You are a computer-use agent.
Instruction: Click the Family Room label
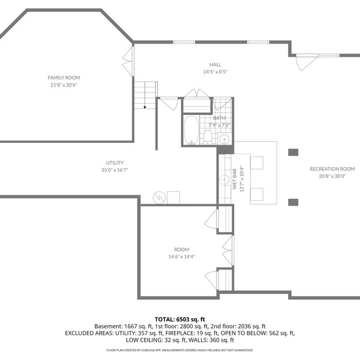tap(64, 77)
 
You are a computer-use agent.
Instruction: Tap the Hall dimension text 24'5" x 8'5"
tap(215, 71)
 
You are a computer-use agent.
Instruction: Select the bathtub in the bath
tap(191, 130)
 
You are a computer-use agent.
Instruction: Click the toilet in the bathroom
tap(207, 137)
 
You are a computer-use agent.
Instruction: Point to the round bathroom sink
tap(224, 139)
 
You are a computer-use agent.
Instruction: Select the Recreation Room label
tap(332, 169)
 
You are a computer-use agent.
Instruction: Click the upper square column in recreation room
tap(293, 152)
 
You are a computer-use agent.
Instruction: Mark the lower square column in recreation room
tap(293, 202)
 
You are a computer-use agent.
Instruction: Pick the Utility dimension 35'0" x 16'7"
tap(114, 170)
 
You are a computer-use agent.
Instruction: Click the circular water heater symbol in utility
tap(160, 198)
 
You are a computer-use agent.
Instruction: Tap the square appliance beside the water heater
tap(174, 198)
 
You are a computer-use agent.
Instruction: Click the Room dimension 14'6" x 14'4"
tap(182, 257)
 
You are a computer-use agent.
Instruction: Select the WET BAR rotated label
tap(235, 179)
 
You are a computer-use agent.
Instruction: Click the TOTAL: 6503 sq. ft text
tap(180, 319)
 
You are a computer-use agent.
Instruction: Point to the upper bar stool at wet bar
tap(257, 163)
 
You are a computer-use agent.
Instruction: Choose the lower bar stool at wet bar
tap(257, 195)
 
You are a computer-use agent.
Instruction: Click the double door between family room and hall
tap(128, 61)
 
